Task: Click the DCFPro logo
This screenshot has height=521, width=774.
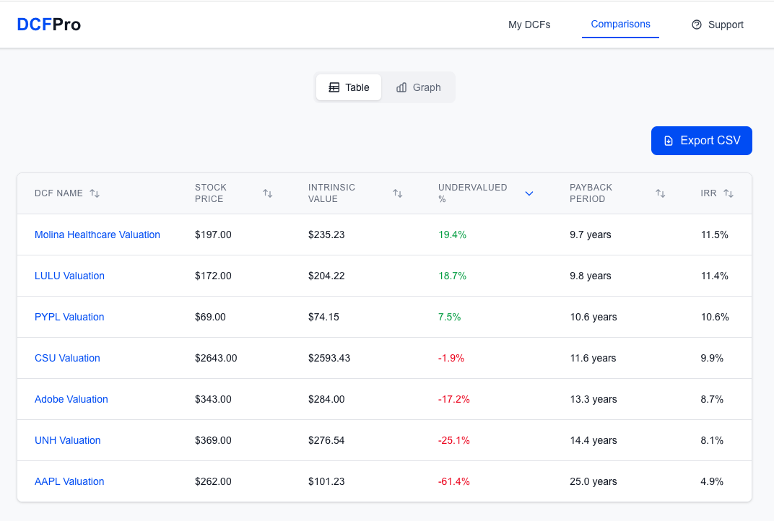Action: point(49,25)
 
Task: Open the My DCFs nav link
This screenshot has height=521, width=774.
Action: point(529,25)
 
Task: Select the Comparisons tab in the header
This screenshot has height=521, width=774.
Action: point(620,25)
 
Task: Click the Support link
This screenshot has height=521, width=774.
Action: point(718,25)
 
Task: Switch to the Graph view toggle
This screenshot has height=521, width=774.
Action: point(418,87)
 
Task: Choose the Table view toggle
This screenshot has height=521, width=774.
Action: point(349,87)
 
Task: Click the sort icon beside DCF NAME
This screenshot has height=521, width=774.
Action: point(95,193)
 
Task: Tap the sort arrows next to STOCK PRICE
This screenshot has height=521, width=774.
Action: point(268,193)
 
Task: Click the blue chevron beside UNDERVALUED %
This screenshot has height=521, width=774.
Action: point(529,193)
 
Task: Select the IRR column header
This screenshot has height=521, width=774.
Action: point(708,193)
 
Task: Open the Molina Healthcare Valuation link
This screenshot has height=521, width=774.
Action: point(97,235)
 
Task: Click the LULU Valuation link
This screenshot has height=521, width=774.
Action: point(69,276)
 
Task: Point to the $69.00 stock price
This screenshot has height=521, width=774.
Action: point(210,317)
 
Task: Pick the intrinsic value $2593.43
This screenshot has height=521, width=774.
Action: point(329,358)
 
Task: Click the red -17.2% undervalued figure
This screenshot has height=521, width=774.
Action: point(454,399)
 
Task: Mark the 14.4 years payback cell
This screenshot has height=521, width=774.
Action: point(593,440)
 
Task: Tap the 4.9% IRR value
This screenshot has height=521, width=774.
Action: point(712,481)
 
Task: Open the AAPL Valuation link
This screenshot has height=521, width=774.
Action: point(69,481)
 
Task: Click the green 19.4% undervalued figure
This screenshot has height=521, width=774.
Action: point(452,235)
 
